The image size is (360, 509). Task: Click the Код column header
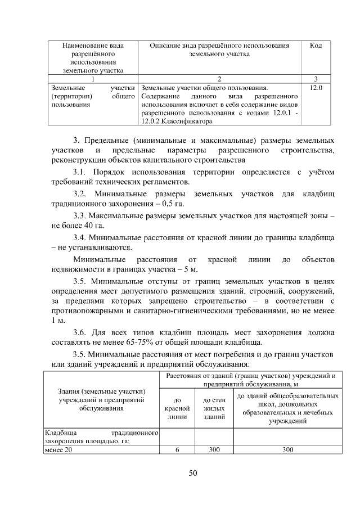click(316, 46)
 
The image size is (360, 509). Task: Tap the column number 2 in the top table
click(219, 79)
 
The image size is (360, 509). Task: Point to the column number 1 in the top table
click(93, 79)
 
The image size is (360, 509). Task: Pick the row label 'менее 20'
click(59, 449)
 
